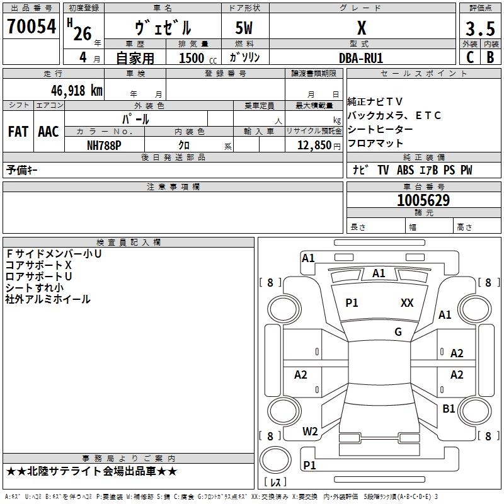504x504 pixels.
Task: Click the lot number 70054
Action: pyautogui.click(x=31, y=26)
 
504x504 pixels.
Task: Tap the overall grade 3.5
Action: pyautogui.click(x=480, y=29)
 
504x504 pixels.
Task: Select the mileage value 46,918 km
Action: pyautogui.click(x=76, y=91)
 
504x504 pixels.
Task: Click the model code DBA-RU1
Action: pyautogui.click(x=361, y=58)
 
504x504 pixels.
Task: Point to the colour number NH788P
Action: pyautogui.click(x=104, y=146)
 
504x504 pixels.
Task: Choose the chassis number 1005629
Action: pyautogui.click(x=423, y=200)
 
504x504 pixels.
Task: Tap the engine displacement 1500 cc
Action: pyautogui.click(x=198, y=58)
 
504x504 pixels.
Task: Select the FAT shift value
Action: pyautogui.click(x=18, y=132)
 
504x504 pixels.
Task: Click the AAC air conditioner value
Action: pyautogui.click(x=49, y=132)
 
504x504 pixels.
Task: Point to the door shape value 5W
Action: pyautogui.click(x=244, y=28)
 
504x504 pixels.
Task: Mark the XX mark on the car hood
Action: pyautogui.click(x=407, y=303)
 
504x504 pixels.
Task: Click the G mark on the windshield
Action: pyautogui.click(x=398, y=332)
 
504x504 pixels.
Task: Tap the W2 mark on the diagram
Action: pyautogui.click(x=310, y=432)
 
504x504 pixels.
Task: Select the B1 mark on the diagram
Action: pyautogui.click(x=449, y=409)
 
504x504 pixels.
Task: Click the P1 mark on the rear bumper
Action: pyautogui.click(x=309, y=465)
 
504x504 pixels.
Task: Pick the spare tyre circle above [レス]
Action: pyautogui.click(x=275, y=460)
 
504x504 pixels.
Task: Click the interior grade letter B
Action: pyautogui.click(x=490, y=57)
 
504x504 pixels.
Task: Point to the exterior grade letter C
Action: pyautogui.click(x=470, y=57)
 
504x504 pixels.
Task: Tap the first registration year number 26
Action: pyautogui.click(x=83, y=33)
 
